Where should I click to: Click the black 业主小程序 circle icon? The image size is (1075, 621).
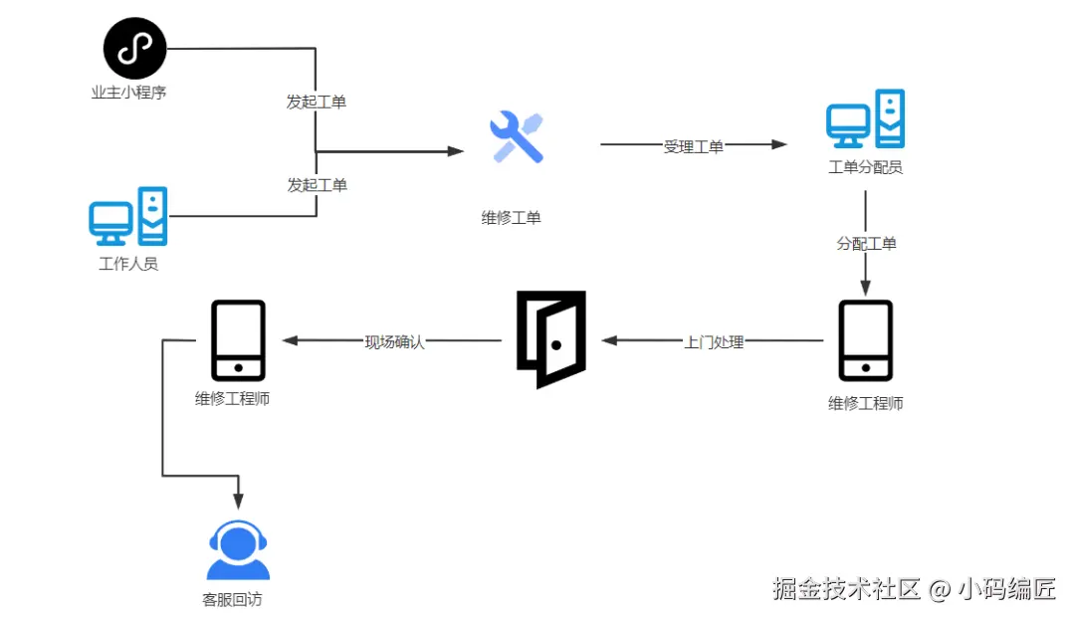[134, 49]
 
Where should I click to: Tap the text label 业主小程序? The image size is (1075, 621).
[134, 93]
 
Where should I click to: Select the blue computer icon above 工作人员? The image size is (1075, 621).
[128, 216]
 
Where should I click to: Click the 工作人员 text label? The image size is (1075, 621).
[128, 264]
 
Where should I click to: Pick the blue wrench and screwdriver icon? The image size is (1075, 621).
[516, 137]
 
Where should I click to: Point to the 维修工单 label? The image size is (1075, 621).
[512, 217]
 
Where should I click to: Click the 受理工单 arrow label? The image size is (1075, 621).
[694, 146]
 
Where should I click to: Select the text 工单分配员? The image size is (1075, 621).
[865, 167]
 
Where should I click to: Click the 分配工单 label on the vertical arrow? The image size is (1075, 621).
[866, 243]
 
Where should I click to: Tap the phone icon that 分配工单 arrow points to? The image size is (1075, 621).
[865, 340]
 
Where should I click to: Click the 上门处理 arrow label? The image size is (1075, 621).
[714, 341]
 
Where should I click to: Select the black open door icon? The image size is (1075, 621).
[550, 339]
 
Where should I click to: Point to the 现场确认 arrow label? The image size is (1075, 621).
[394, 341]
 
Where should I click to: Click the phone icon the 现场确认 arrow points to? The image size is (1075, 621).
[238, 340]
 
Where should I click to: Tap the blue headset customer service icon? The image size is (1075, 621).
[238, 550]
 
